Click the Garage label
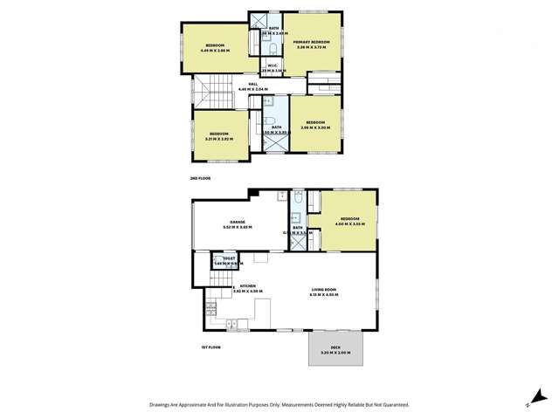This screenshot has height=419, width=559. click(238, 223)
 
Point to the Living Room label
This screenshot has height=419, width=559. click(323, 292)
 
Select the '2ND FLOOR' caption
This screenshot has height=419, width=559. click(200, 178)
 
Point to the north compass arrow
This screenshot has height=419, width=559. click(529, 402)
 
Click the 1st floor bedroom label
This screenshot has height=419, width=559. click(349, 221)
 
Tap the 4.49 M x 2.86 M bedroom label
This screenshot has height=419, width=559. click(215, 47)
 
